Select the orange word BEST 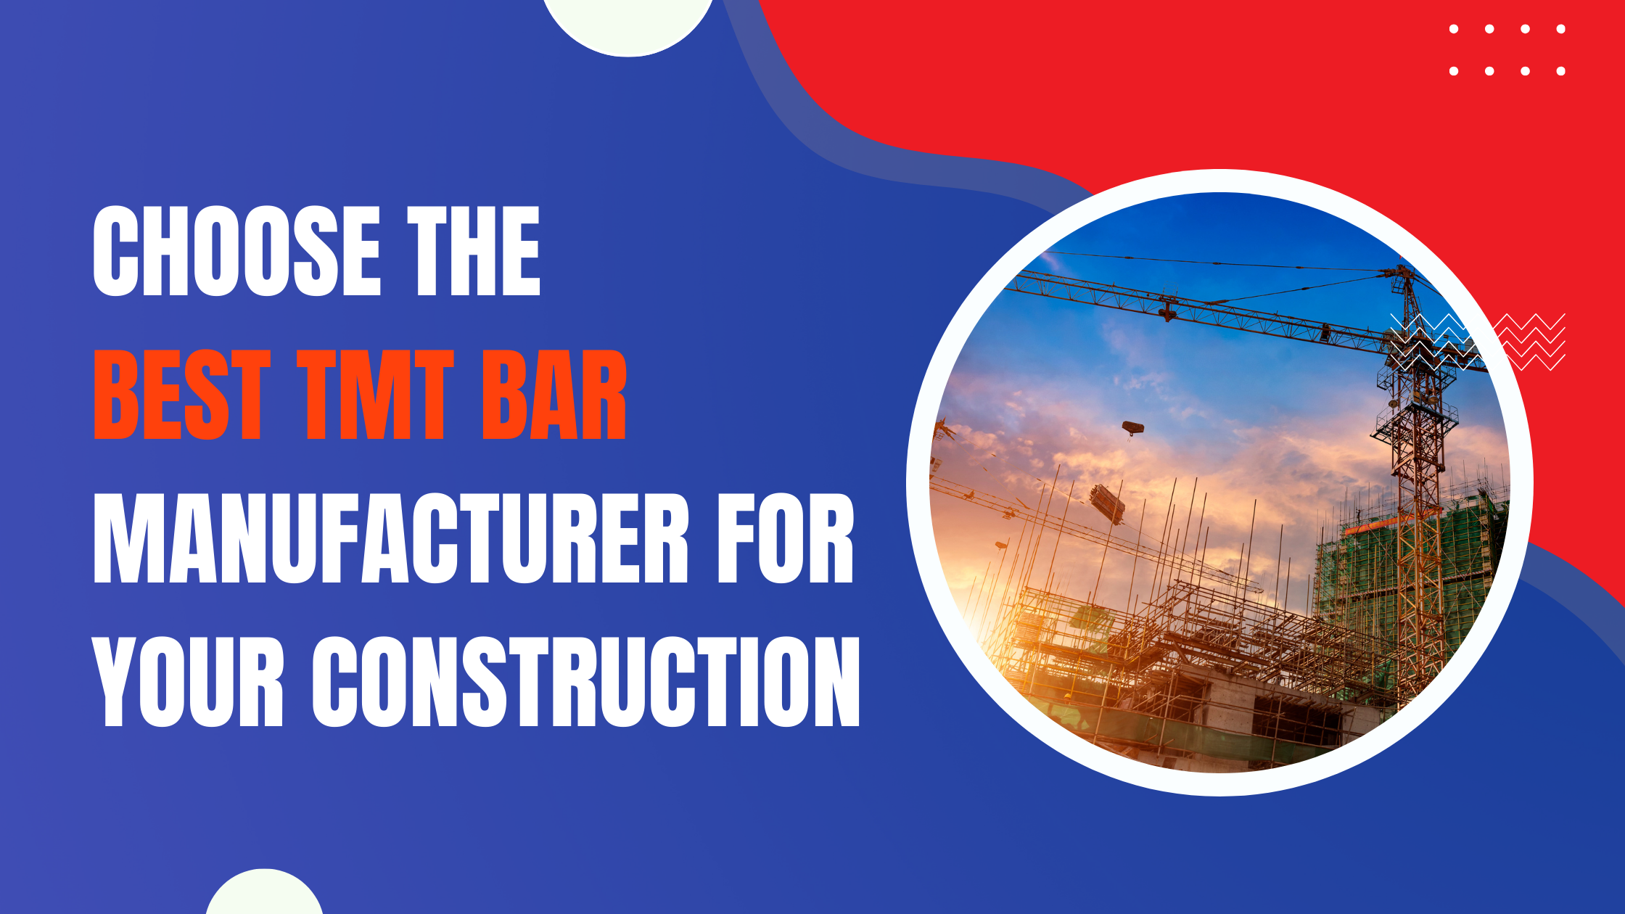click(x=182, y=395)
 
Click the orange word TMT click(x=376, y=395)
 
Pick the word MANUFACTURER click(x=391, y=538)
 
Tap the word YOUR click(x=189, y=682)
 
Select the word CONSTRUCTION click(x=586, y=682)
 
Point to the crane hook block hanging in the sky click(x=1132, y=428)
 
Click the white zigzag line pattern click(x=1477, y=342)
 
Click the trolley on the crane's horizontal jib click(x=1167, y=310)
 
